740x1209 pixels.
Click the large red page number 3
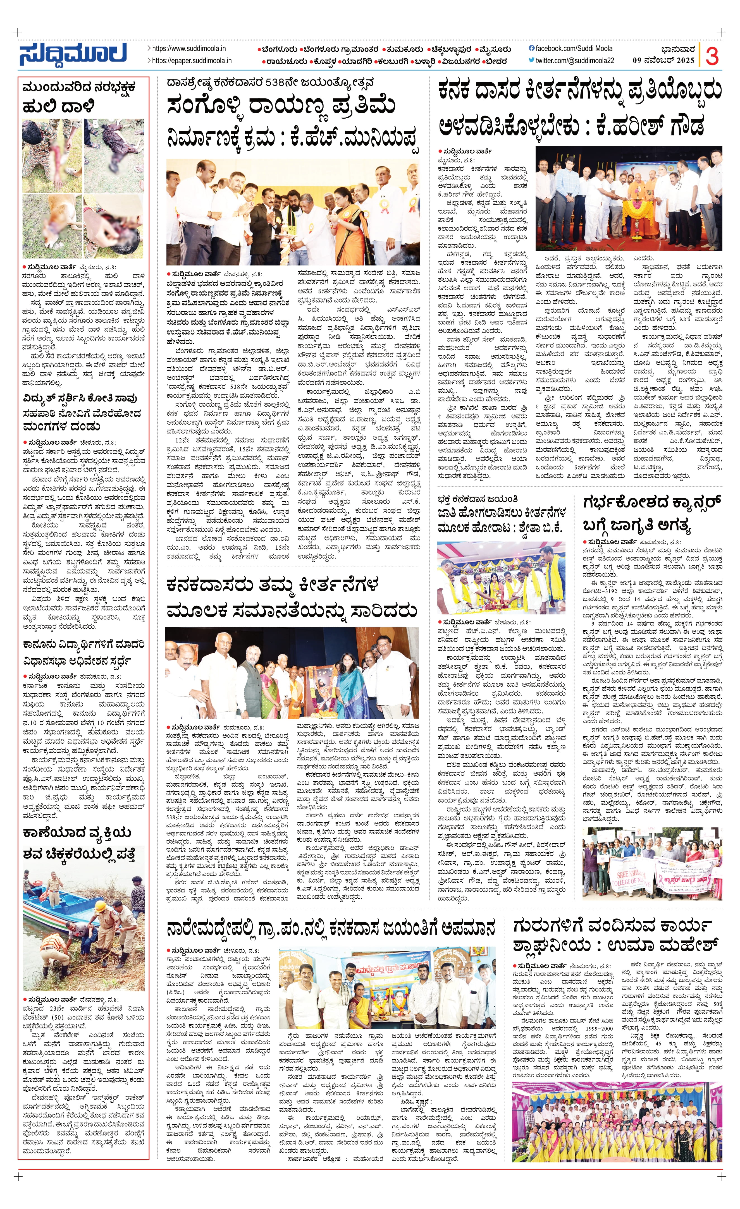click(712, 56)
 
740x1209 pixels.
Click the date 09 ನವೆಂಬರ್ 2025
click(663, 60)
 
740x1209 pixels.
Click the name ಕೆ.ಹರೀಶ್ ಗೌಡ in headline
click(650, 125)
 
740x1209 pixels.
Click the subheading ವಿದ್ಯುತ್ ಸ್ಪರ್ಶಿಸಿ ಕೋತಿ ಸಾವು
click(80, 398)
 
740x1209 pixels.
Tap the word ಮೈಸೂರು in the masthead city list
click(495, 49)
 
